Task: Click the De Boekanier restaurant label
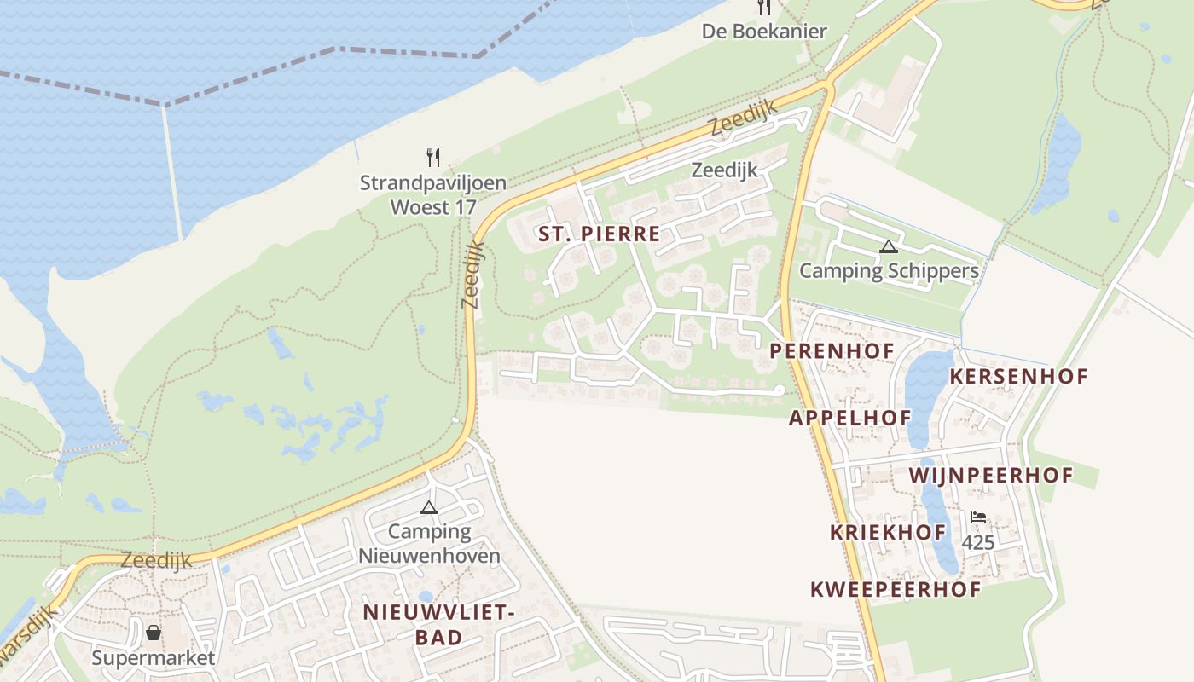[x=764, y=32]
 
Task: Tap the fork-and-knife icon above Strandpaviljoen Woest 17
[x=433, y=157]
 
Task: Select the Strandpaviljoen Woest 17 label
[x=433, y=194]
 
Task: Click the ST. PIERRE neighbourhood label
[x=599, y=234]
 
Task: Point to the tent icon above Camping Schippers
[x=889, y=247]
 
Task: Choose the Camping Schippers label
[x=889, y=271]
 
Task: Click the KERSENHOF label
[x=1018, y=376]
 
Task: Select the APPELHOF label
[x=849, y=418]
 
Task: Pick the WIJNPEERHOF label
[x=990, y=475]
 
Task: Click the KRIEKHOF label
[x=888, y=533]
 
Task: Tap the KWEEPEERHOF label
[x=895, y=589]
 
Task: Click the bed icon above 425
[x=977, y=517]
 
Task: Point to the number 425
[x=977, y=541]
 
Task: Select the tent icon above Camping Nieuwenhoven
[x=429, y=508]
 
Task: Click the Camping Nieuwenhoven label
[x=429, y=544]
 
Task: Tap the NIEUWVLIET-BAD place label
[x=438, y=624]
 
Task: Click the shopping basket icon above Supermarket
[x=154, y=633]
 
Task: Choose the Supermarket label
[x=154, y=658]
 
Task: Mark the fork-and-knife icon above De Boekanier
[x=764, y=8]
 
